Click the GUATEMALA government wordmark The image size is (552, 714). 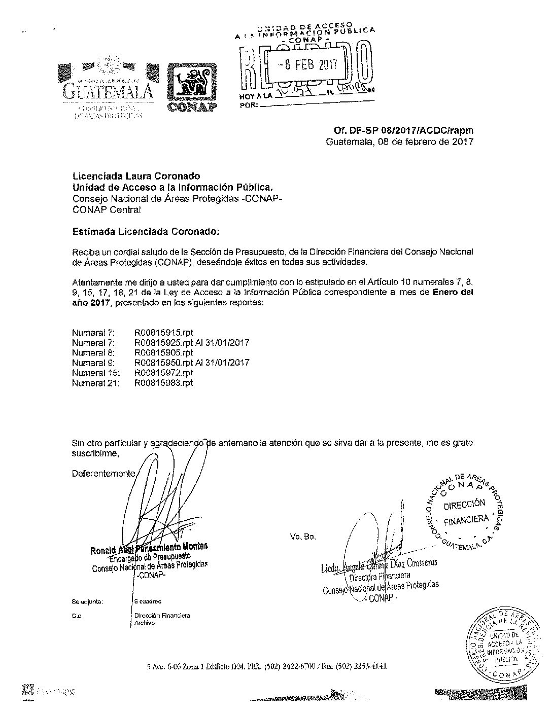pyautogui.click(x=108, y=91)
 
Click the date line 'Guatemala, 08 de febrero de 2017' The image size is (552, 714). pyautogui.click(x=399, y=142)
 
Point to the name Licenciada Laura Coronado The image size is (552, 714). pyautogui.click(x=136, y=176)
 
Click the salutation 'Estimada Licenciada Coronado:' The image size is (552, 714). pyautogui.click(x=147, y=232)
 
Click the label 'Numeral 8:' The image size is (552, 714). pyautogui.click(x=94, y=352)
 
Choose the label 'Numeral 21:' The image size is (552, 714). pyautogui.click(x=96, y=383)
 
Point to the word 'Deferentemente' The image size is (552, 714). pyautogui.click(x=103, y=474)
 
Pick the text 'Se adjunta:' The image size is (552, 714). pyautogui.click(x=88, y=602)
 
